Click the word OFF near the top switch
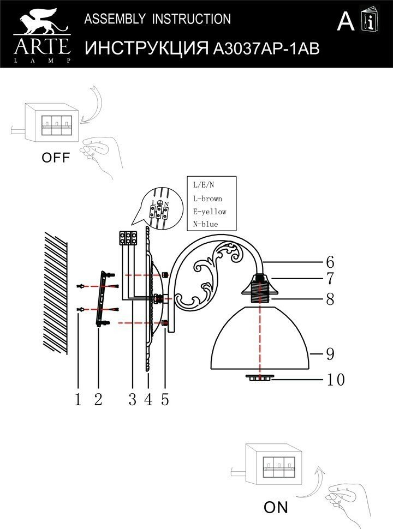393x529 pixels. click(x=56, y=158)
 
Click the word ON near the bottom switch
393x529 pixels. click(x=276, y=507)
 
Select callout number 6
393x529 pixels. click(x=330, y=262)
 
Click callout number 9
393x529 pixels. click(x=330, y=354)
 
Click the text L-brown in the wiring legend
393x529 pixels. click(x=207, y=199)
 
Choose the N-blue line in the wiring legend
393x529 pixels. click(x=205, y=224)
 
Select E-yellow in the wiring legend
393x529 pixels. click(x=209, y=212)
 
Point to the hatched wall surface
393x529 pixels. click(x=56, y=292)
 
